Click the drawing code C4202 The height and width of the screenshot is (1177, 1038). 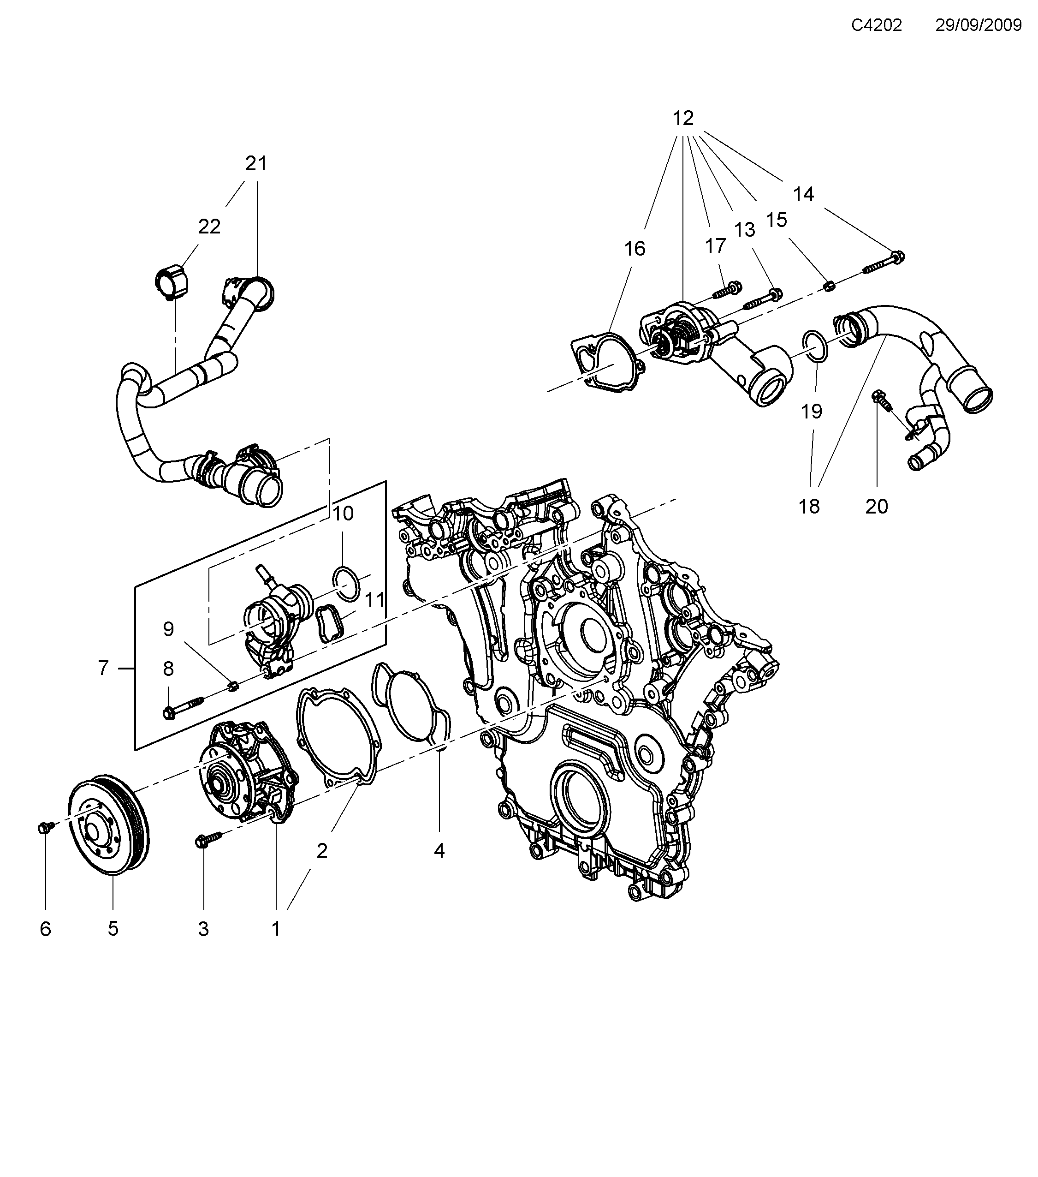876,25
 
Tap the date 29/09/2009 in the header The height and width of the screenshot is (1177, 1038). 978,25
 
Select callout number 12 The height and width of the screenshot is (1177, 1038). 683,119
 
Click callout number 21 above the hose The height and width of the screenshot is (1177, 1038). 256,164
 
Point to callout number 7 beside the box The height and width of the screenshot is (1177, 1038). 103,668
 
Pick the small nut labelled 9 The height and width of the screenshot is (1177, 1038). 234,686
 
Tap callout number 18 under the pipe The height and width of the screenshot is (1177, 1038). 809,507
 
